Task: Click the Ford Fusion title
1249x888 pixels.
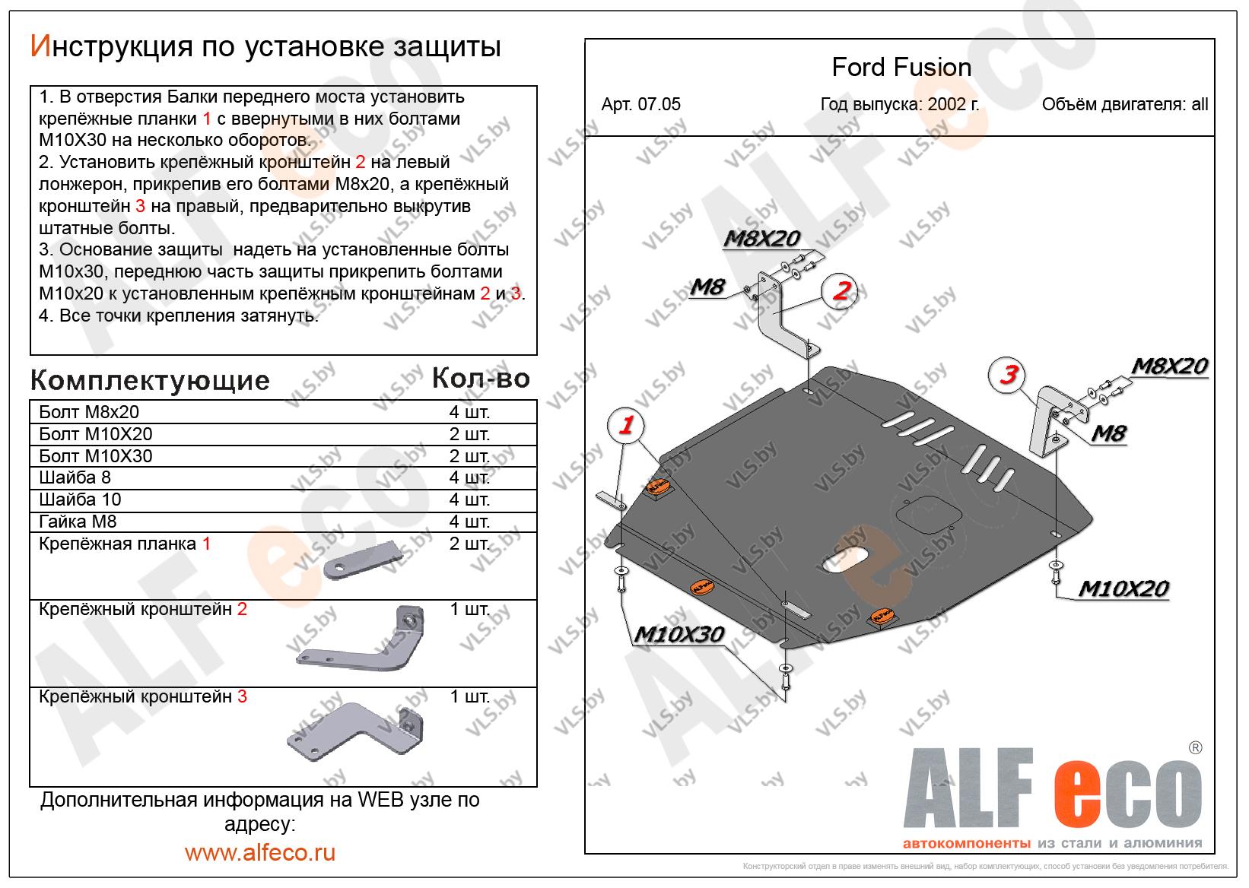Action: (901, 68)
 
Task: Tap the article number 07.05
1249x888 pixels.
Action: (640, 105)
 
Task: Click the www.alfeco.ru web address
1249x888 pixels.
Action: (259, 852)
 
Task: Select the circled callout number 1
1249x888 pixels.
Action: (626, 425)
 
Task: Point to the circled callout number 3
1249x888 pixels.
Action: (1008, 374)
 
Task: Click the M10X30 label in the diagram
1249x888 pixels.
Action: (679, 634)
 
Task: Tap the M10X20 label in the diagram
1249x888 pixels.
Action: (1123, 588)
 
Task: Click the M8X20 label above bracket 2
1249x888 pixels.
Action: (761, 239)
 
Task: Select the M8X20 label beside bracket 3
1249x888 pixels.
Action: (1169, 366)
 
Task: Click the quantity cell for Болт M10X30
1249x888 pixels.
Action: (469, 456)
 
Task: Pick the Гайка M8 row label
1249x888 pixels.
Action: (78, 522)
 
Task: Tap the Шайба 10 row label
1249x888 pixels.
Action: (80, 499)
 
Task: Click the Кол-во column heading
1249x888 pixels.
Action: (481, 378)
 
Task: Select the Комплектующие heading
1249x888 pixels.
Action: (150, 380)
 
